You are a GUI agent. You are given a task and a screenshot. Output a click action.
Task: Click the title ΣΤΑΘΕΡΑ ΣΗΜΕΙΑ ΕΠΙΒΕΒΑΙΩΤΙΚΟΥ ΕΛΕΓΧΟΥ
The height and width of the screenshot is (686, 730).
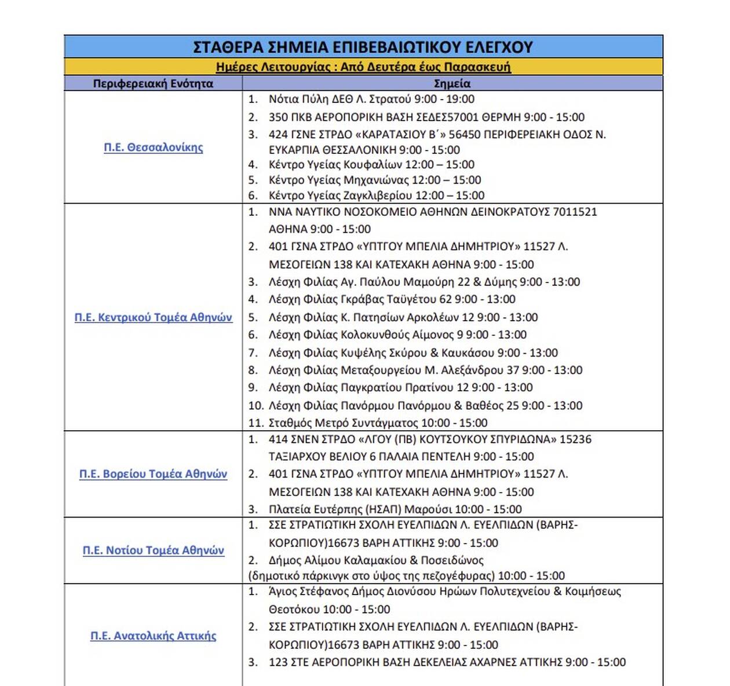[x=363, y=47]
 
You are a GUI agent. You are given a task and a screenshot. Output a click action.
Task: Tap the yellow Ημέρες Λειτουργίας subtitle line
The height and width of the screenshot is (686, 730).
[x=363, y=67]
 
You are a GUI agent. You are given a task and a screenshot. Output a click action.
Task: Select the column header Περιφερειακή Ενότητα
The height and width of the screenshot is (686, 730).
[x=153, y=83]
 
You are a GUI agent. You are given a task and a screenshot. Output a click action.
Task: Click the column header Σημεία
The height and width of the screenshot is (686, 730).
[x=452, y=83]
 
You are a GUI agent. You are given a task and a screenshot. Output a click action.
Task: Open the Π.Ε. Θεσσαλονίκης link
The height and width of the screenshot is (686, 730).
[x=154, y=148]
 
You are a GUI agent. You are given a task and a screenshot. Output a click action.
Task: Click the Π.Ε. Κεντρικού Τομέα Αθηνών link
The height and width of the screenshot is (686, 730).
[x=154, y=317]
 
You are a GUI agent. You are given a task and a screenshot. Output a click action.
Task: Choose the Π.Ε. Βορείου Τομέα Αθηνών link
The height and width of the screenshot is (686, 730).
[x=154, y=474]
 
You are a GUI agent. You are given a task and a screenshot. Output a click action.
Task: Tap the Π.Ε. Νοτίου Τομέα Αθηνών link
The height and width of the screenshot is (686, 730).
[x=154, y=551]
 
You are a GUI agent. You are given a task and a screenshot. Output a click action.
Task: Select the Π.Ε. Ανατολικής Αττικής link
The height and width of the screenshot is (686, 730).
[x=154, y=636]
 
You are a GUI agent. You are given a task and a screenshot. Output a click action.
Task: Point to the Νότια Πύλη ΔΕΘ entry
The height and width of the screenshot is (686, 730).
[x=371, y=99]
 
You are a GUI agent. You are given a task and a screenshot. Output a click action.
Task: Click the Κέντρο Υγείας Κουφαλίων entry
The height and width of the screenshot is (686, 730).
[x=371, y=164]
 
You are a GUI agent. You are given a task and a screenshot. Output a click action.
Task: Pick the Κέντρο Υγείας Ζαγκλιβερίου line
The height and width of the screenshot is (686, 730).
[x=377, y=195]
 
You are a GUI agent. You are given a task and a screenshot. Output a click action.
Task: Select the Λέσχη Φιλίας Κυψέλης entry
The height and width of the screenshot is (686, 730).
[x=413, y=353]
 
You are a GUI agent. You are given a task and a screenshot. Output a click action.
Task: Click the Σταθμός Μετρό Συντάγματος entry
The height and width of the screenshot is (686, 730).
[x=378, y=423]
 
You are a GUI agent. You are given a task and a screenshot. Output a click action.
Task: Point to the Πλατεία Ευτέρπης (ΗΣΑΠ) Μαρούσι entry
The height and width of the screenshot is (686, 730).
[x=395, y=509]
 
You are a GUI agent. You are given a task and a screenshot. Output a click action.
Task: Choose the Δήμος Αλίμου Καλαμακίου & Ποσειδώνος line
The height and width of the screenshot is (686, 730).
[x=376, y=560]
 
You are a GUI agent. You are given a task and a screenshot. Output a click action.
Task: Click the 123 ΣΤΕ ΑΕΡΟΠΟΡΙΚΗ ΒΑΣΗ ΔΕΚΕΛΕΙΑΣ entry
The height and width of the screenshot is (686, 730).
[x=447, y=662]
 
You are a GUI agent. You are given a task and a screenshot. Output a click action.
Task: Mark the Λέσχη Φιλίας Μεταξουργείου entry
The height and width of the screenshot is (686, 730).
[x=425, y=370]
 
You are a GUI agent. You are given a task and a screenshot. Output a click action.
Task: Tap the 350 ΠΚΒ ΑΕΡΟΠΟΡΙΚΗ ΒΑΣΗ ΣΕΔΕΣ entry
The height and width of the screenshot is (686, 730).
[x=426, y=117]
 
